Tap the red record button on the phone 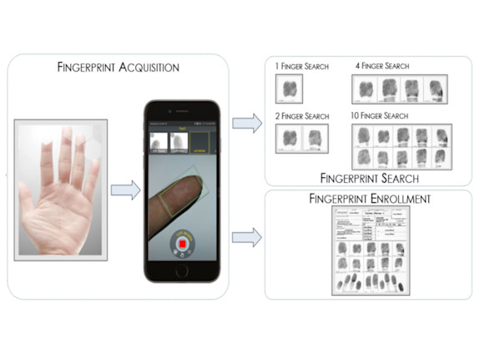182,244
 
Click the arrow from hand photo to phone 124,190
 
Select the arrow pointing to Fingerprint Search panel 246,124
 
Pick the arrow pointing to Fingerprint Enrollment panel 246,237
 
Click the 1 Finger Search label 301,66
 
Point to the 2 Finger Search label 303,116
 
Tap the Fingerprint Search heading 367,178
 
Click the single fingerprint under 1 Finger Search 290,89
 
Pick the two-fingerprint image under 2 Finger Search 301,139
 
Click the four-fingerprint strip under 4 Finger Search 400,89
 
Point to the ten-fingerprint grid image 399,145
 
